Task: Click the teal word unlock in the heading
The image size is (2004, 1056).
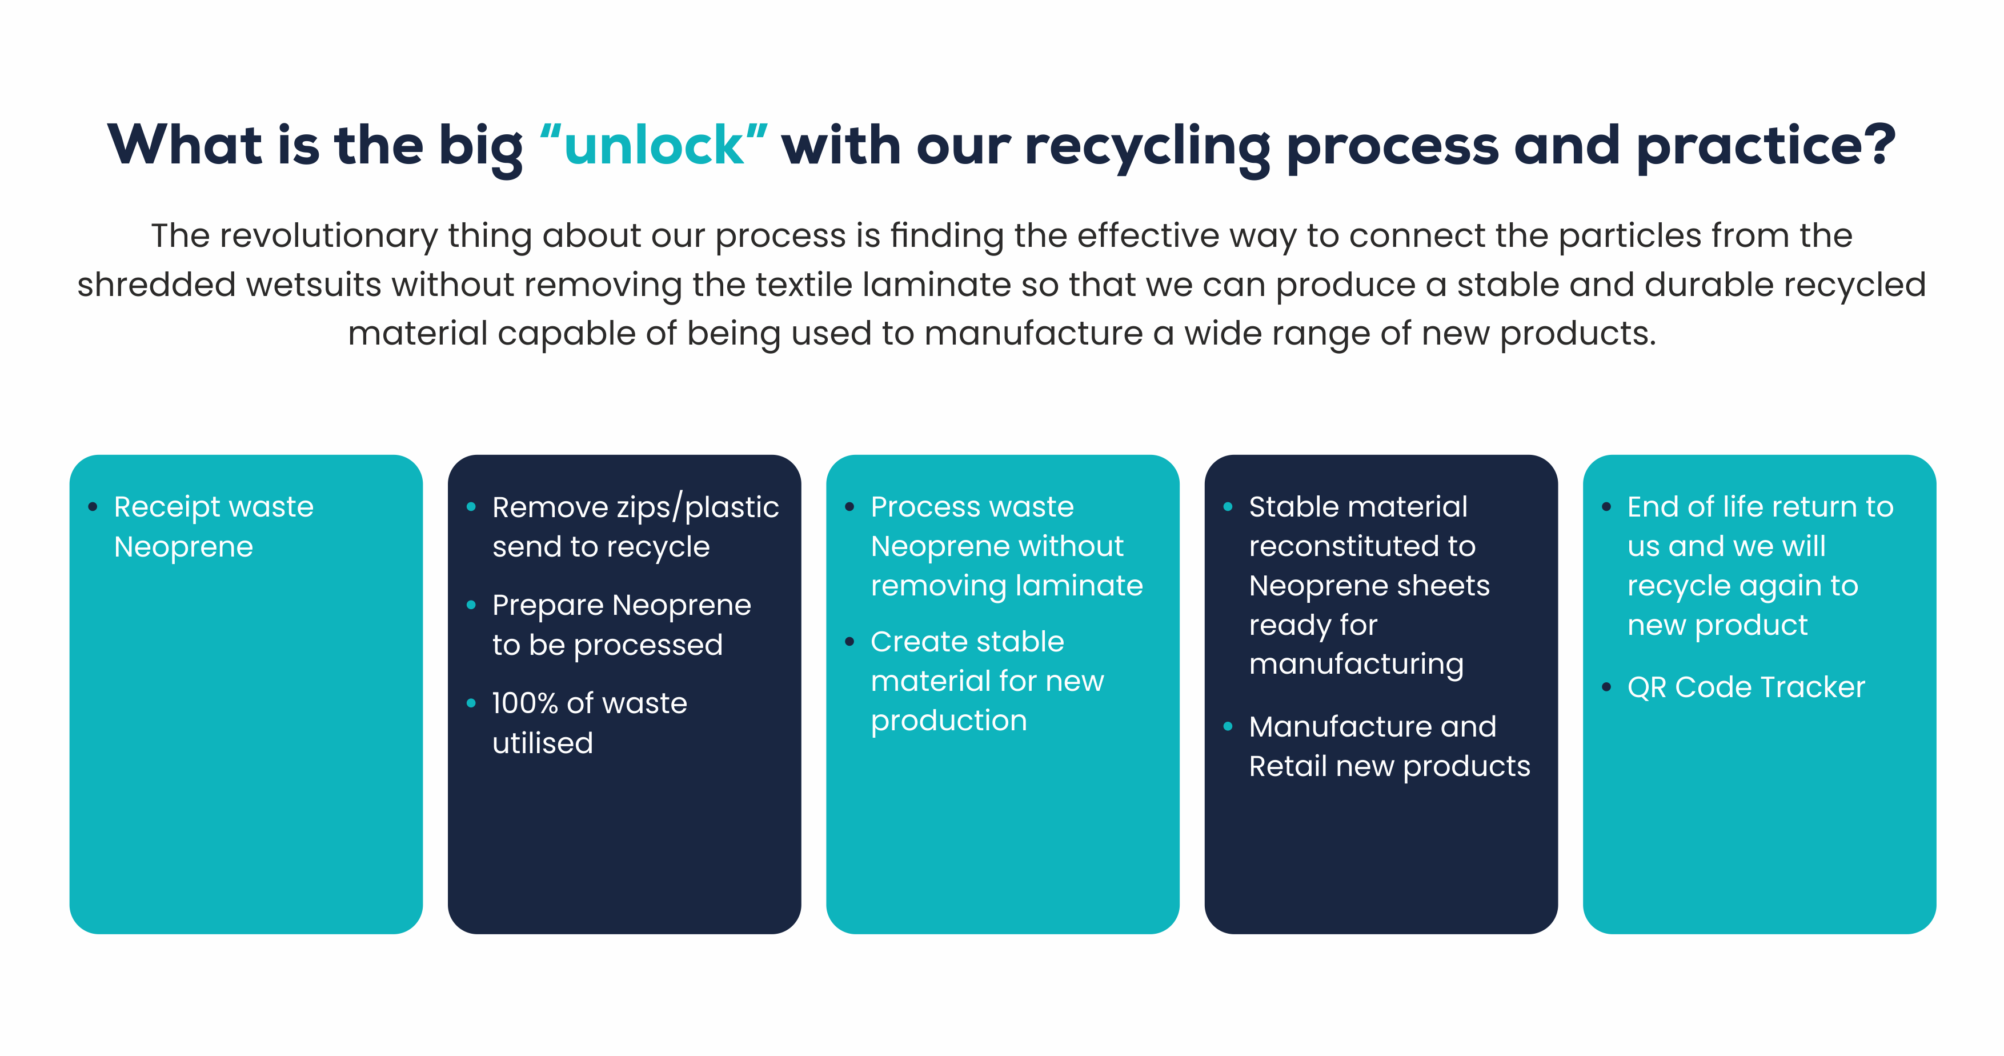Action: (654, 146)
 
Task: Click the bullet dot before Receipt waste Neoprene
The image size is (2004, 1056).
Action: (93, 507)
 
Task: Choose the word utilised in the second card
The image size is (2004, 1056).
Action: (542, 743)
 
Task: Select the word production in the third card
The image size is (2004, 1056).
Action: (948, 721)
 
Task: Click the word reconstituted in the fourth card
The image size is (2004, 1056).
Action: (1361, 546)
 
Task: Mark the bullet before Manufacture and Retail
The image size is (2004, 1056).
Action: (1228, 727)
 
